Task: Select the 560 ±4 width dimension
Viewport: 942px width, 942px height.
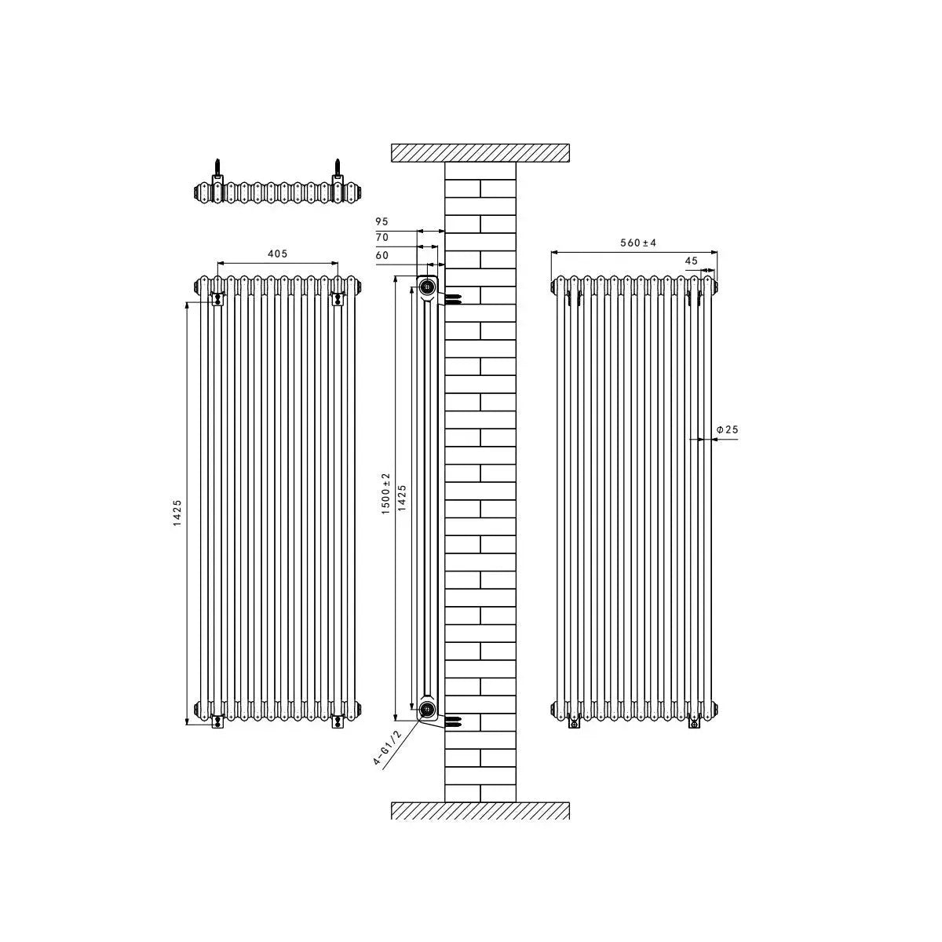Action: pyautogui.click(x=638, y=243)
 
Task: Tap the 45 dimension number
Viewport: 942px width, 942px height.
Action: pyautogui.click(x=691, y=261)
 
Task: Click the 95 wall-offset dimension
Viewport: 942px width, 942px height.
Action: pyautogui.click(x=382, y=222)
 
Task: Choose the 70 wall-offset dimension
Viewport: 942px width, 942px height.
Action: pyautogui.click(x=382, y=237)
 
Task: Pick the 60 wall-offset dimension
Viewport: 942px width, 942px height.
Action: pyautogui.click(x=382, y=255)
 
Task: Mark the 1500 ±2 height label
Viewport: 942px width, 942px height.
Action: pyautogui.click(x=385, y=495)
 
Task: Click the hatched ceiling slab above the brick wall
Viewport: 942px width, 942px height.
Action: pyautogui.click(x=480, y=152)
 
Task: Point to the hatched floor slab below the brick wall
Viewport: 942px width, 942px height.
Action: pyautogui.click(x=480, y=810)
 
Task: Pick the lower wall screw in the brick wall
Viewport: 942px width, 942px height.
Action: pyautogui.click(x=454, y=720)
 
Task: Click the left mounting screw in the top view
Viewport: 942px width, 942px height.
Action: pyautogui.click(x=217, y=170)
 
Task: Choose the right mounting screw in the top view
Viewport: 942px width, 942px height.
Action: pyautogui.click(x=338, y=170)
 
